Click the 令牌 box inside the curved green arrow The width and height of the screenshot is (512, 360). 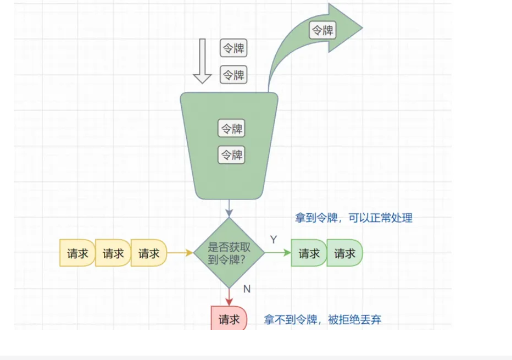(x=322, y=30)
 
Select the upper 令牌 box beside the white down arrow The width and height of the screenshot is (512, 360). (x=233, y=48)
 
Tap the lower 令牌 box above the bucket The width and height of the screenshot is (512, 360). (x=233, y=74)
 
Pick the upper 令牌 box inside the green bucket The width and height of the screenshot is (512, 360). (x=232, y=129)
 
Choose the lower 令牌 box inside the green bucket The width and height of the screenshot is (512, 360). (x=232, y=155)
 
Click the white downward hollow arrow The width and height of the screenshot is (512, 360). (x=202, y=60)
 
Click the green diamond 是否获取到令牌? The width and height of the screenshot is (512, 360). (x=229, y=253)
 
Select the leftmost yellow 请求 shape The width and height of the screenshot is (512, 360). (x=77, y=253)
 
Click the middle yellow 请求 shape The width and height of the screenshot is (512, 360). (x=113, y=253)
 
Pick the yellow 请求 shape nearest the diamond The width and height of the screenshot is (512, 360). (x=148, y=253)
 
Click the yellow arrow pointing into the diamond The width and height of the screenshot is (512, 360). (x=180, y=253)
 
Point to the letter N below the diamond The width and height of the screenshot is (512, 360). (x=247, y=289)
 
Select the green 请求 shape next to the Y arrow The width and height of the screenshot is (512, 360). (x=309, y=253)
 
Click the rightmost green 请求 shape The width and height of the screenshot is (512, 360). (x=344, y=253)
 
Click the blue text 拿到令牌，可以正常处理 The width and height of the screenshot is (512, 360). (x=353, y=218)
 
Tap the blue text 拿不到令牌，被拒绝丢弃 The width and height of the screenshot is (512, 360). (x=322, y=319)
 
